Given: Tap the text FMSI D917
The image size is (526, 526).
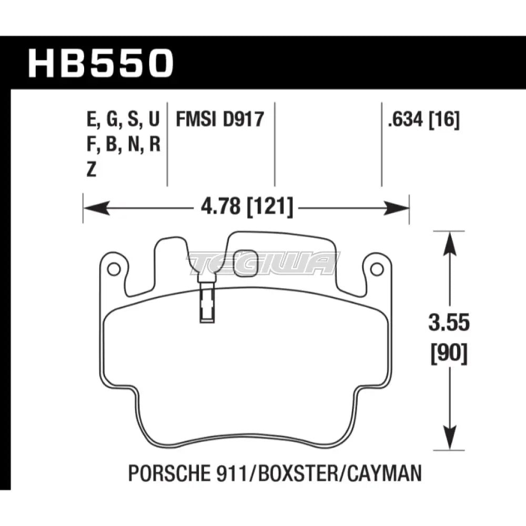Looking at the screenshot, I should (219, 121).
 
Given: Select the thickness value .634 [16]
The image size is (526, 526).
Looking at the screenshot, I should (423, 121).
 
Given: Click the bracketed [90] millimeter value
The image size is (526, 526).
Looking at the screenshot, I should (448, 355).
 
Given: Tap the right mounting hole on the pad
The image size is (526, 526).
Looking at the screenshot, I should (376, 269).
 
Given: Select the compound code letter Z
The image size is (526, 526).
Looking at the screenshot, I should (91, 169).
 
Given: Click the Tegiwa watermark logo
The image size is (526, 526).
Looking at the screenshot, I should (261, 261).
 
